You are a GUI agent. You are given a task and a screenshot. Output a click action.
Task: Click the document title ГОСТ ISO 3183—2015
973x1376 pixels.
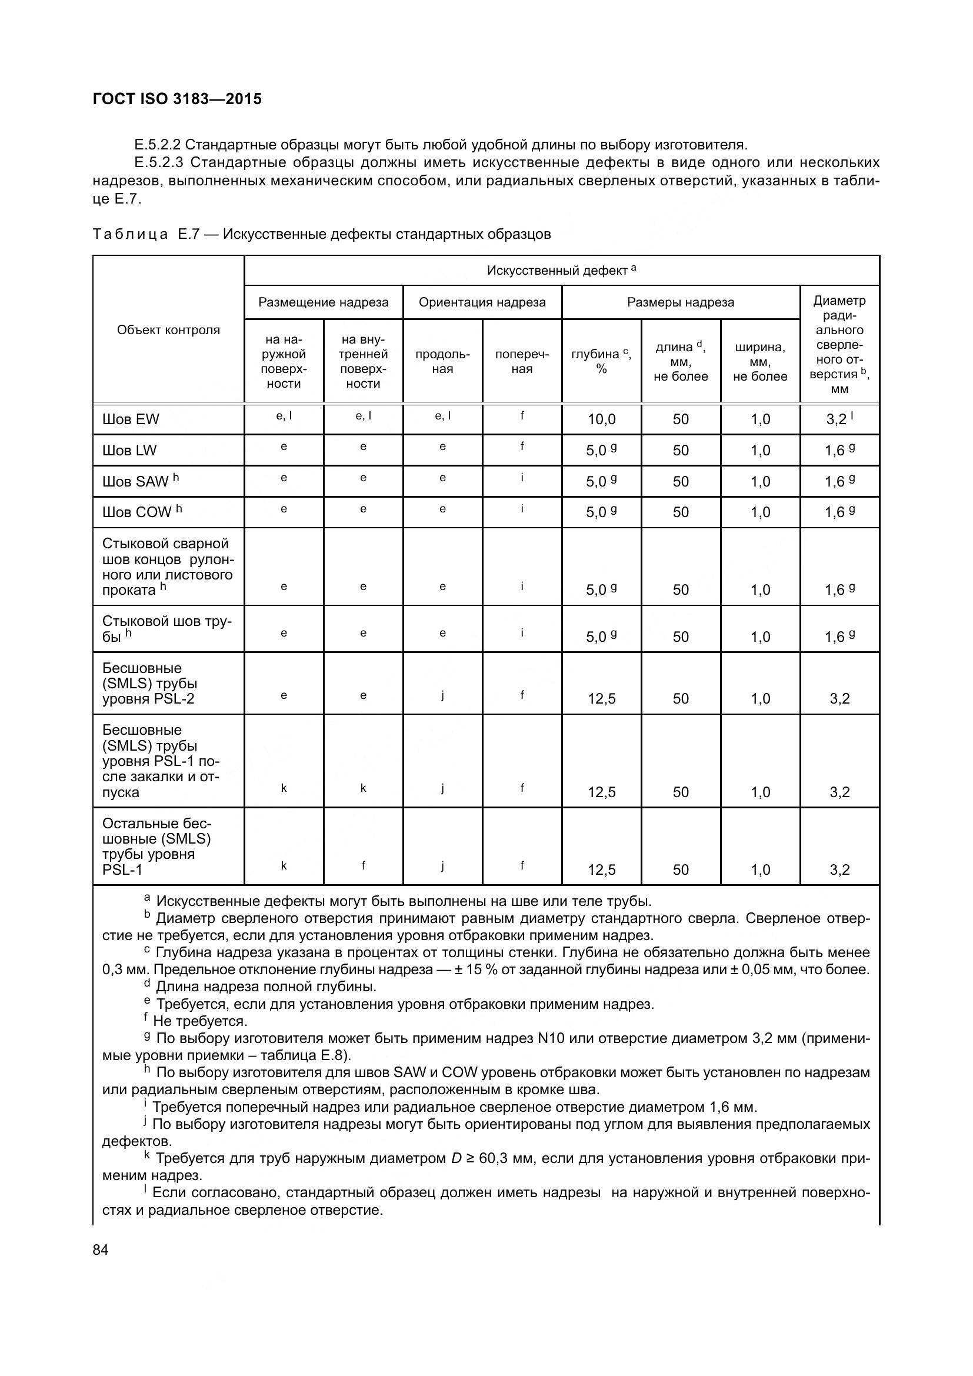point(177,99)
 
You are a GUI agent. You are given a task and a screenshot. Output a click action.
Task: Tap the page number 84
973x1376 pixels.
point(101,1250)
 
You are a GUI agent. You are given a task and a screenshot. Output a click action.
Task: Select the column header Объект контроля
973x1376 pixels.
point(168,330)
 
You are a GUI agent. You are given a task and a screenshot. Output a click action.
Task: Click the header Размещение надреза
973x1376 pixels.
point(324,302)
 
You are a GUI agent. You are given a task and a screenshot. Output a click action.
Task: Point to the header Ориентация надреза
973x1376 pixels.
point(482,302)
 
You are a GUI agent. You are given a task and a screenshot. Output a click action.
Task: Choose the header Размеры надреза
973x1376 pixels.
point(681,302)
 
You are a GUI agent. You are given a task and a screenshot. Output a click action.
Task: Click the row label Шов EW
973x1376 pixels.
point(131,419)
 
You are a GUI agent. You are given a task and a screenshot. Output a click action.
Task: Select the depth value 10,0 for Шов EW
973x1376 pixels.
point(602,419)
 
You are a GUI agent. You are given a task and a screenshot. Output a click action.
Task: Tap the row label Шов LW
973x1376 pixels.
point(129,451)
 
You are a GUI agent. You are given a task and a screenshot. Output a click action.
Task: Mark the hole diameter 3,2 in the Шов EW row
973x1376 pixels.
point(837,419)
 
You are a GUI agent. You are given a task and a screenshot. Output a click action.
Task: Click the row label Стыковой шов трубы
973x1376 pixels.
point(166,629)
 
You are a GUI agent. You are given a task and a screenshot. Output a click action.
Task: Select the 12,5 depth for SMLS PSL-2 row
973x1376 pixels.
point(602,699)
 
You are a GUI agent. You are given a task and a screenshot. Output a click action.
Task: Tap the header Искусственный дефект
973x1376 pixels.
point(561,271)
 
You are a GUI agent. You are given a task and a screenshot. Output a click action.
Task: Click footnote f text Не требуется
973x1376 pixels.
point(200,1021)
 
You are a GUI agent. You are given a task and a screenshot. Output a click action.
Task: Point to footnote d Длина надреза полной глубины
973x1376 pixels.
point(266,987)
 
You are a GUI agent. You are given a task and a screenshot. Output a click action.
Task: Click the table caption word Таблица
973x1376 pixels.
point(130,234)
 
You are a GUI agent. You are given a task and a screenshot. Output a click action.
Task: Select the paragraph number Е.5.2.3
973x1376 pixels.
point(159,163)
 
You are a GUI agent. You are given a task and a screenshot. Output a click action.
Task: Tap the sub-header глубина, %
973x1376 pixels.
point(601,361)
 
